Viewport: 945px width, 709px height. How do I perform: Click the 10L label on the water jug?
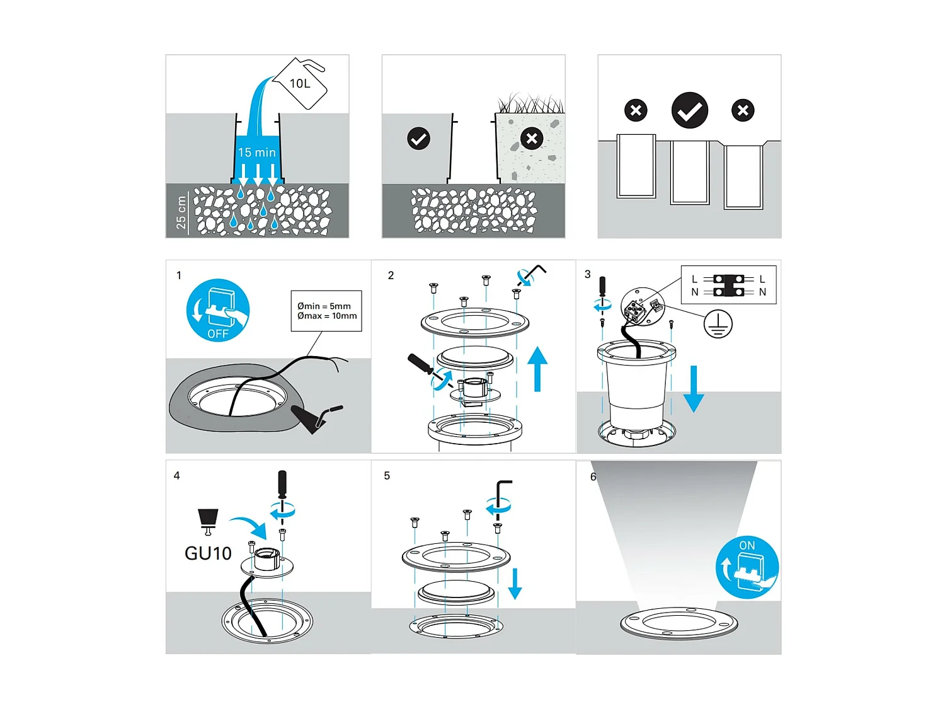(x=300, y=84)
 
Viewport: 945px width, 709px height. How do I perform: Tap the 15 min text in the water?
(x=256, y=153)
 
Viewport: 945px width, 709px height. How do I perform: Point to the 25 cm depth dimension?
(x=181, y=212)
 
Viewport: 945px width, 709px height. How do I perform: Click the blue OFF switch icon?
(x=218, y=310)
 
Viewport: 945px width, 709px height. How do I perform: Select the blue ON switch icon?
(x=747, y=567)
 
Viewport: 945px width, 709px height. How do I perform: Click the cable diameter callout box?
(x=326, y=311)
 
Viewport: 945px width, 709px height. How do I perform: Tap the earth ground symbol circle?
(x=718, y=323)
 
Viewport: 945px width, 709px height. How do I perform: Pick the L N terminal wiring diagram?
(x=728, y=285)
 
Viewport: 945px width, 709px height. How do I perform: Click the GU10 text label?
(x=208, y=553)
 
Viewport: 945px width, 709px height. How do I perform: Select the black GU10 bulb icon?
(x=208, y=521)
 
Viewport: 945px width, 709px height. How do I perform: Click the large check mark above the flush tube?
(x=690, y=110)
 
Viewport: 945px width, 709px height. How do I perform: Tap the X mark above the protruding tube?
(x=636, y=110)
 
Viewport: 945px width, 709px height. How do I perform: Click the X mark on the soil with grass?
(x=532, y=139)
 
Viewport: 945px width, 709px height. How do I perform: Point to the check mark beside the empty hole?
(x=418, y=139)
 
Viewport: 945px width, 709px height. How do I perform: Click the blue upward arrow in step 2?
(x=537, y=368)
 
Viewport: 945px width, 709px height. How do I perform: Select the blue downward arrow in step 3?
(x=694, y=388)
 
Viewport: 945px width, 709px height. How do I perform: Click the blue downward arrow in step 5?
(x=515, y=584)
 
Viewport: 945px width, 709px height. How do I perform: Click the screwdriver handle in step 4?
(x=282, y=483)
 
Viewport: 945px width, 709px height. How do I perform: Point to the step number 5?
(x=387, y=476)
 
